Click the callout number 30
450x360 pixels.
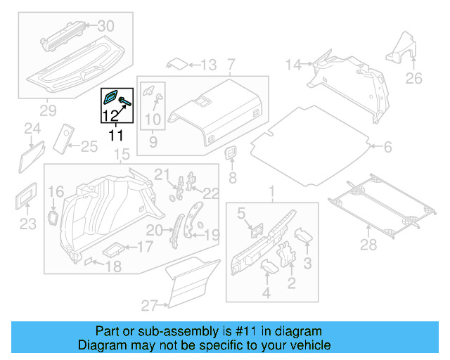[x=105, y=26]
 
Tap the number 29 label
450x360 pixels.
[x=47, y=110]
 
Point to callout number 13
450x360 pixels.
[x=209, y=65]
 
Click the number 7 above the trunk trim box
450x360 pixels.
[x=232, y=65]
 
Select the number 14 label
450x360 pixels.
[x=293, y=65]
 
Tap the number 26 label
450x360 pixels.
[x=414, y=77]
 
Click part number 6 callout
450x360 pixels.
[x=387, y=147]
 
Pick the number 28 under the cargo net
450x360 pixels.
[x=368, y=244]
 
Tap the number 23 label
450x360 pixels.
[x=27, y=224]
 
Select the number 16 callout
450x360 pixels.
[x=56, y=191]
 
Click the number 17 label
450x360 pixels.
[x=143, y=247]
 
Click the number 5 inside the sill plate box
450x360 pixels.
[x=240, y=212]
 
